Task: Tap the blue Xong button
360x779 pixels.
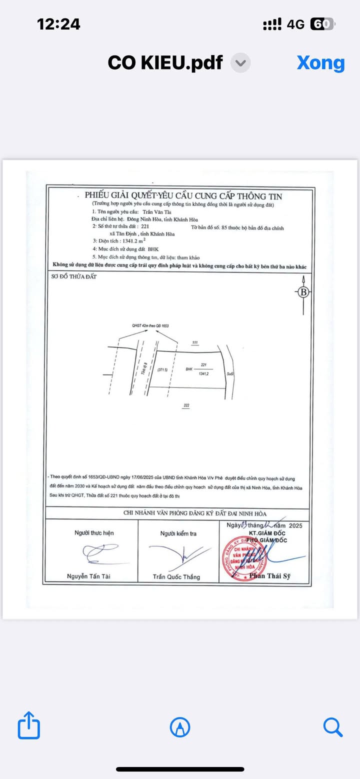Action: click(x=320, y=63)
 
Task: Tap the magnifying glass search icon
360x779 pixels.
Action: click(x=332, y=726)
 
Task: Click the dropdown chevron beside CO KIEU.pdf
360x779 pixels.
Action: click(x=240, y=63)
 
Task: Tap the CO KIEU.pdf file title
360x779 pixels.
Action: click(x=165, y=63)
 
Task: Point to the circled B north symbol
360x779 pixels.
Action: click(x=303, y=292)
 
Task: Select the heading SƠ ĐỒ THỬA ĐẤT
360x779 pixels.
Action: click(x=74, y=276)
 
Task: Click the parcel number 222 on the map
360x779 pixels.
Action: click(x=186, y=405)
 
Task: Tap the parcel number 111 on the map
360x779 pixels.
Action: click(x=195, y=342)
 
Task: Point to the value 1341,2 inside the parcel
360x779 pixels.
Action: click(x=203, y=373)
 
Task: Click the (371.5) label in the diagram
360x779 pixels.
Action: click(x=161, y=370)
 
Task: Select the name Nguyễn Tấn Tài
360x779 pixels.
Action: click(x=88, y=576)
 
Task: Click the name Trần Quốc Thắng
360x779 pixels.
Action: click(x=176, y=576)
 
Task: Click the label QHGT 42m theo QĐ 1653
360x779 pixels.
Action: click(x=150, y=325)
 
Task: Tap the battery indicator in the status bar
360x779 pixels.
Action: click(x=323, y=24)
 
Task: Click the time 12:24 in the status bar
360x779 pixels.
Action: click(x=58, y=24)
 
